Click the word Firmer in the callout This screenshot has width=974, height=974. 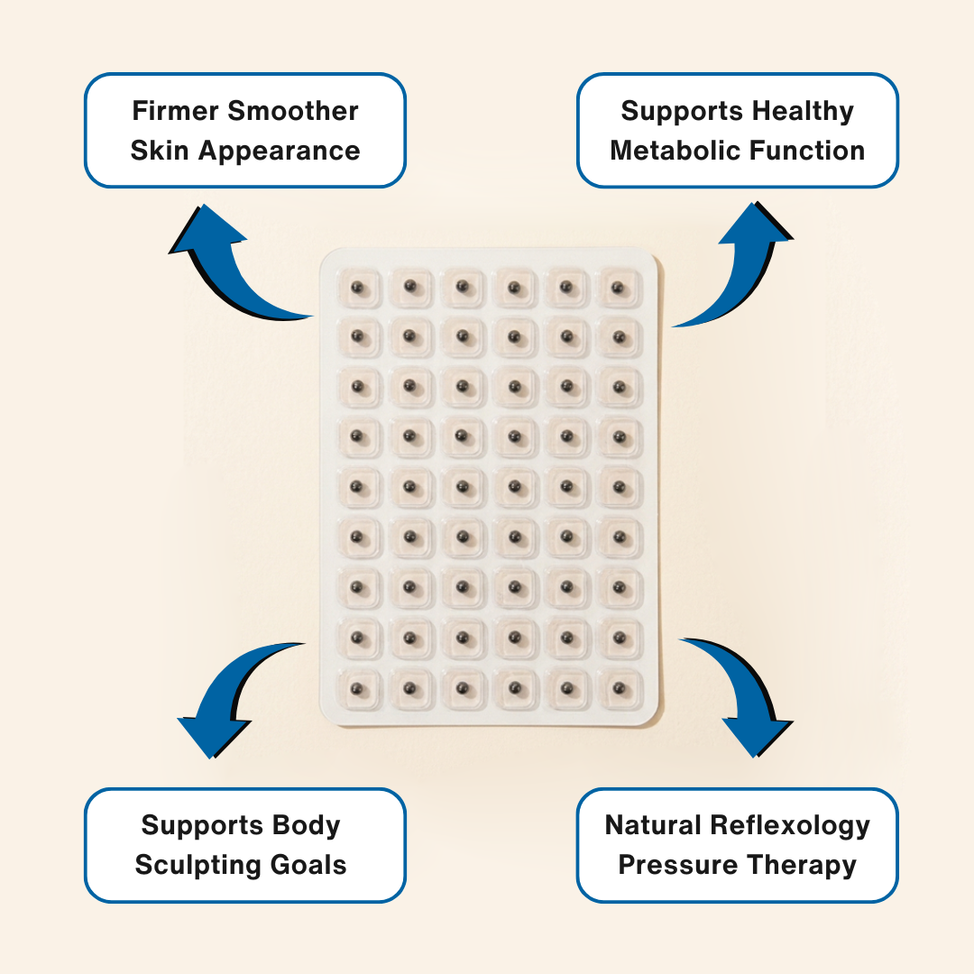(x=175, y=111)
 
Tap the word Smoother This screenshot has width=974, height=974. (x=293, y=111)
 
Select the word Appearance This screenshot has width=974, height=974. (x=280, y=152)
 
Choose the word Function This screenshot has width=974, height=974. (x=807, y=151)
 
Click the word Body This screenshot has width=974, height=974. (x=307, y=826)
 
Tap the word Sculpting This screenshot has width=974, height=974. (x=190, y=866)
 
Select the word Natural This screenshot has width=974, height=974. (x=654, y=825)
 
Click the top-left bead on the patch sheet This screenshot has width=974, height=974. (x=357, y=288)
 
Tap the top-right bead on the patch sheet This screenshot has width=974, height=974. (x=618, y=288)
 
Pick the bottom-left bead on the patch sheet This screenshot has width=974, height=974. (x=357, y=689)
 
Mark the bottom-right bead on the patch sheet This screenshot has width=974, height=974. (x=619, y=689)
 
